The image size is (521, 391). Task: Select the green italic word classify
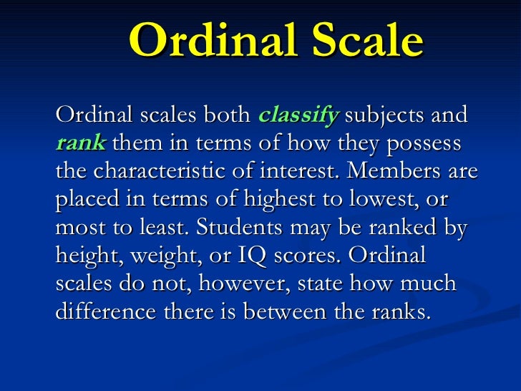(297, 115)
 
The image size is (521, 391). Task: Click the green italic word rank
(81, 143)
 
